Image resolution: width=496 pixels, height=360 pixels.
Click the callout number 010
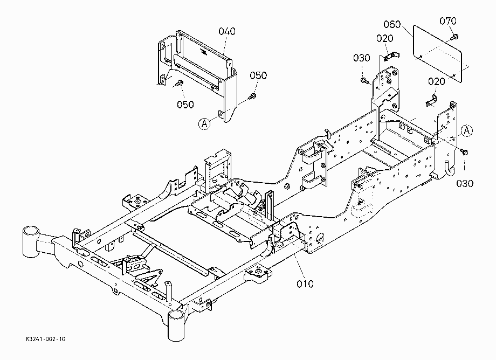[x=305, y=284]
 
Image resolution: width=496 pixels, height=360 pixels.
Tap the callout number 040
[x=227, y=31]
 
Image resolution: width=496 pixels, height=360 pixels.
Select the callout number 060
[x=392, y=24]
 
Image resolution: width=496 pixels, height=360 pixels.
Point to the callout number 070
[x=448, y=21]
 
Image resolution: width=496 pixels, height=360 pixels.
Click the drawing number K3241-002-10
[x=46, y=339]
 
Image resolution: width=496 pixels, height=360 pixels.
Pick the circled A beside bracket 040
[x=204, y=123]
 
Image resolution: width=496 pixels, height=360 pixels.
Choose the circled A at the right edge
[x=466, y=130]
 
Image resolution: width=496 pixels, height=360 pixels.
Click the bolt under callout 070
[x=454, y=37]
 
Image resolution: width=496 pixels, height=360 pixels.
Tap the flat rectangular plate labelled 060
[x=438, y=54]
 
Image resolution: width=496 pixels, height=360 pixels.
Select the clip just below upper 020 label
[x=391, y=56]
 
